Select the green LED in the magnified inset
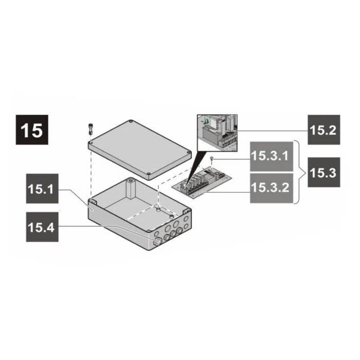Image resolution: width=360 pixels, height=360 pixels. pos(207,122)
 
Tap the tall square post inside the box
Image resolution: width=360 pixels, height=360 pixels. pos(131,189)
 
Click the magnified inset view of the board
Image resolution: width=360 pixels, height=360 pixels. pos(216,131)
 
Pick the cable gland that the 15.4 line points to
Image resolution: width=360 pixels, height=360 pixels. pos(158,240)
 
